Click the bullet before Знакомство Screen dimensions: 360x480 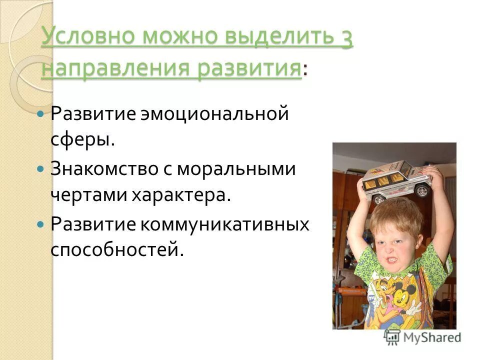click(41, 169)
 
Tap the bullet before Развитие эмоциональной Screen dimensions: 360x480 click(41, 114)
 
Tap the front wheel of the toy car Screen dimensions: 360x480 click(422, 191)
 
